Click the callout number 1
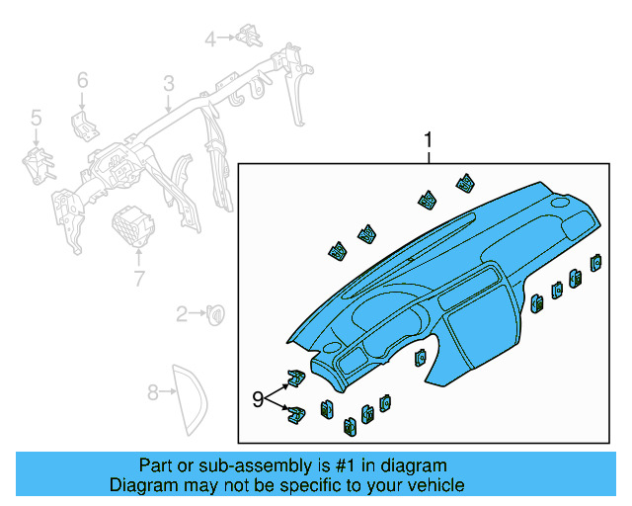(428, 140)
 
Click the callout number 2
(182, 315)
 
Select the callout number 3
(169, 83)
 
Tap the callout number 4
(210, 39)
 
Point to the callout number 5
(36, 119)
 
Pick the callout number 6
(83, 79)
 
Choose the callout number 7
(138, 277)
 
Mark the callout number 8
(153, 393)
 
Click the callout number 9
(258, 399)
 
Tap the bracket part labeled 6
(83, 126)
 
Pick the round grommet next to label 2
(213, 314)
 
